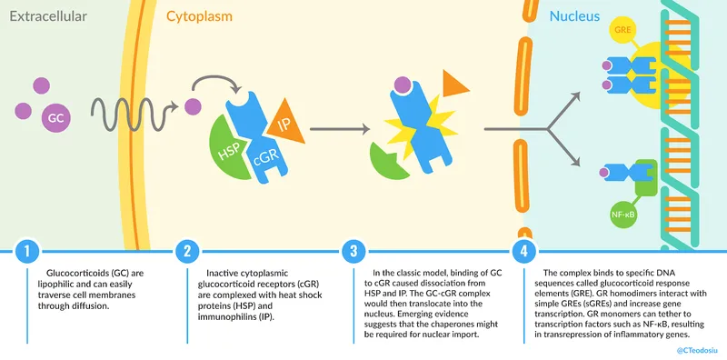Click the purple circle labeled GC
click(x=56, y=117)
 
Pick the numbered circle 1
click(x=29, y=250)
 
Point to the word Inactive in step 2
click(x=226, y=273)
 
